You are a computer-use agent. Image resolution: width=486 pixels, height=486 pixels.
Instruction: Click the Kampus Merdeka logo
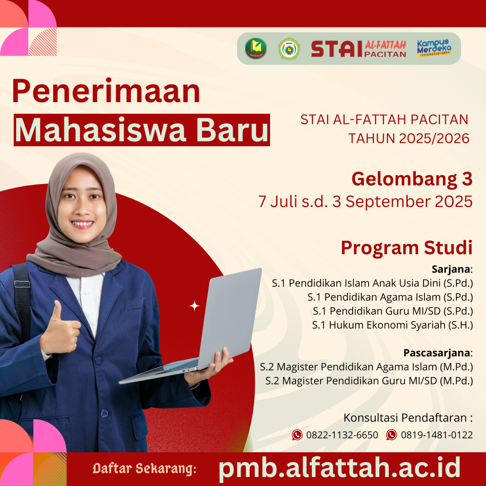434,48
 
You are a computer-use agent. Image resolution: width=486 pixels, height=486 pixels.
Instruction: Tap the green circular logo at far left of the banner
256,48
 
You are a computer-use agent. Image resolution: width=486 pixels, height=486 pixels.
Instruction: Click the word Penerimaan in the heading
106,91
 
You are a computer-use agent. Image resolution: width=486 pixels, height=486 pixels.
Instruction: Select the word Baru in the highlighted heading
232,130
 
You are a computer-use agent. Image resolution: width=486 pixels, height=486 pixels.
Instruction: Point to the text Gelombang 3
412,180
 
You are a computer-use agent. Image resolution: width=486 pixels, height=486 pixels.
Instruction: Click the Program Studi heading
407,248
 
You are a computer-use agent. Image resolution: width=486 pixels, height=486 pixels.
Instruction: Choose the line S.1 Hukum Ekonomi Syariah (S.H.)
392,325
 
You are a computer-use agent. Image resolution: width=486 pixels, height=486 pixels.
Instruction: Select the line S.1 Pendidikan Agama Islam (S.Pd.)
390,297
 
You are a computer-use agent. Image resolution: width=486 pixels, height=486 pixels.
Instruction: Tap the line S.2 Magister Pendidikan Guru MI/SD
369,381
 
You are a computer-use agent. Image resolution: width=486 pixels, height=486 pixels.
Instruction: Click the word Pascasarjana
436,353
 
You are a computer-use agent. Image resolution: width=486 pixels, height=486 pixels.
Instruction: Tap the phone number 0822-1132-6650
342,435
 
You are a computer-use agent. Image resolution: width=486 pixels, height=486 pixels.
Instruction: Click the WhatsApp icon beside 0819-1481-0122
391,435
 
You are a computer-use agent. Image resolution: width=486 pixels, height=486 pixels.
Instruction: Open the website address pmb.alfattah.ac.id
339,468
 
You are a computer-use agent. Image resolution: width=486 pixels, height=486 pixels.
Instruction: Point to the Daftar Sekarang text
144,468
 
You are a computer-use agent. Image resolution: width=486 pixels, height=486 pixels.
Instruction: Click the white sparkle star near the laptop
194,306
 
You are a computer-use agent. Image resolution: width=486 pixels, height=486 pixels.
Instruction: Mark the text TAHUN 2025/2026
409,138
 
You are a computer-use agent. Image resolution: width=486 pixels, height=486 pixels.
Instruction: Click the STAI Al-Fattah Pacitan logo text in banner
359,49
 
